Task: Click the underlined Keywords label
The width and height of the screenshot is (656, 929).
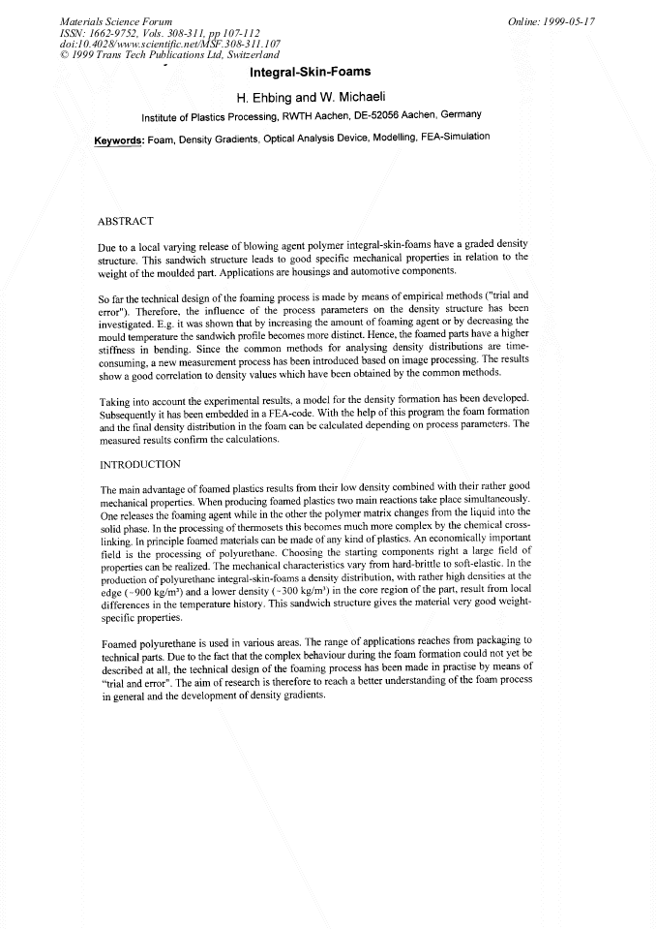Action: pyautogui.click(x=119, y=140)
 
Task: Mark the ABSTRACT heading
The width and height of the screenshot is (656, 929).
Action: pyautogui.click(x=126, y=221)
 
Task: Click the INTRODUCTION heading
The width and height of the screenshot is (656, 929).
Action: pyautogui.click(x=140, y=464)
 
